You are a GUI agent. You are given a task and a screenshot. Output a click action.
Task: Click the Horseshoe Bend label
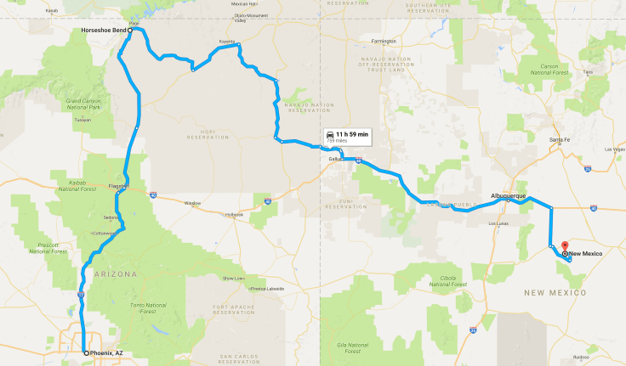point(104,30)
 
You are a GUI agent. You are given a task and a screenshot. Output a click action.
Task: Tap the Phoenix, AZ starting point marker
point(86,352)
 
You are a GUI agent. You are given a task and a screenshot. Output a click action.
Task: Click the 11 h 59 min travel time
point(350,135)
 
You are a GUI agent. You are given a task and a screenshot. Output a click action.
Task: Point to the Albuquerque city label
point(509,196)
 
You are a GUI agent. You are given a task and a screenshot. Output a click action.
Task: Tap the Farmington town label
point(384,41)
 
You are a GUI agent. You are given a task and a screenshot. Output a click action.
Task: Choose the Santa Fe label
point(559,138)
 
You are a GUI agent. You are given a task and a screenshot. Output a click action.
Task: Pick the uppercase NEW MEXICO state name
point(555,292)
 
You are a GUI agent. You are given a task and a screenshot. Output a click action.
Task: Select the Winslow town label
point(192,203)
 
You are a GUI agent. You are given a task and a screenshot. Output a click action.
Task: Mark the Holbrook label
point(234,214)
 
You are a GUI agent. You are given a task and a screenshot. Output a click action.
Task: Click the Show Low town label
point(233,278)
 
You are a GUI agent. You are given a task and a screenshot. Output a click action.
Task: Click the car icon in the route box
point(328,135)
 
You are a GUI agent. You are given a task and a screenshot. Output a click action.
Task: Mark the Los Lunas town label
point(498,223)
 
